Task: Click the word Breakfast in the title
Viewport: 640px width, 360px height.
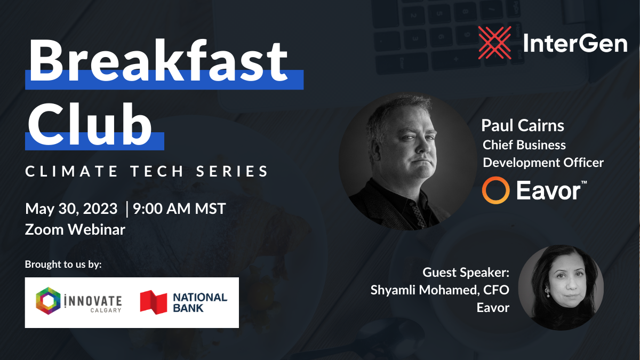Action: pos(158,61)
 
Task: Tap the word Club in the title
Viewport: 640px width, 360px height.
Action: pos(90,124)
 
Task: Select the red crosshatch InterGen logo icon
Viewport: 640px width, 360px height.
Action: pos(494,43)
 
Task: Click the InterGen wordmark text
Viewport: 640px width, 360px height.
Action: pos(575,43)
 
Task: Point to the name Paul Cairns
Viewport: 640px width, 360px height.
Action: pos(523,126)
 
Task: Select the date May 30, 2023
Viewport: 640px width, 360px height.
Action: pos(71,209)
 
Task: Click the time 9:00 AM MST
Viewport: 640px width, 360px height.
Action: pos(179,209)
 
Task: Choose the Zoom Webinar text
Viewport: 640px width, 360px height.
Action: pos(75,229)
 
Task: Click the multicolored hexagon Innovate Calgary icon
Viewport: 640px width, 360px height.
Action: pos(49,301)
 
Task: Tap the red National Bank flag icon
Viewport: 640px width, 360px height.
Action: pos(154,302)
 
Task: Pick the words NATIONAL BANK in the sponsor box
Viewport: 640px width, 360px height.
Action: pos(200,303)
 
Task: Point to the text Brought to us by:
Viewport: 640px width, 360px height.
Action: pos(63,265)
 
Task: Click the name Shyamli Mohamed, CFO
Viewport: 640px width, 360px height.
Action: pos(439,290)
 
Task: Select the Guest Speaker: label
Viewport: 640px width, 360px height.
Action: pos(466,273)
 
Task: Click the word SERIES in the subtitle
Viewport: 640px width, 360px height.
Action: pos(231,171)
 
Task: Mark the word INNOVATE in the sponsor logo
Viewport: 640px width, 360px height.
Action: pos(93,301)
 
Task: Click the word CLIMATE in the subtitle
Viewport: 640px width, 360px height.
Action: pos(71,171)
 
